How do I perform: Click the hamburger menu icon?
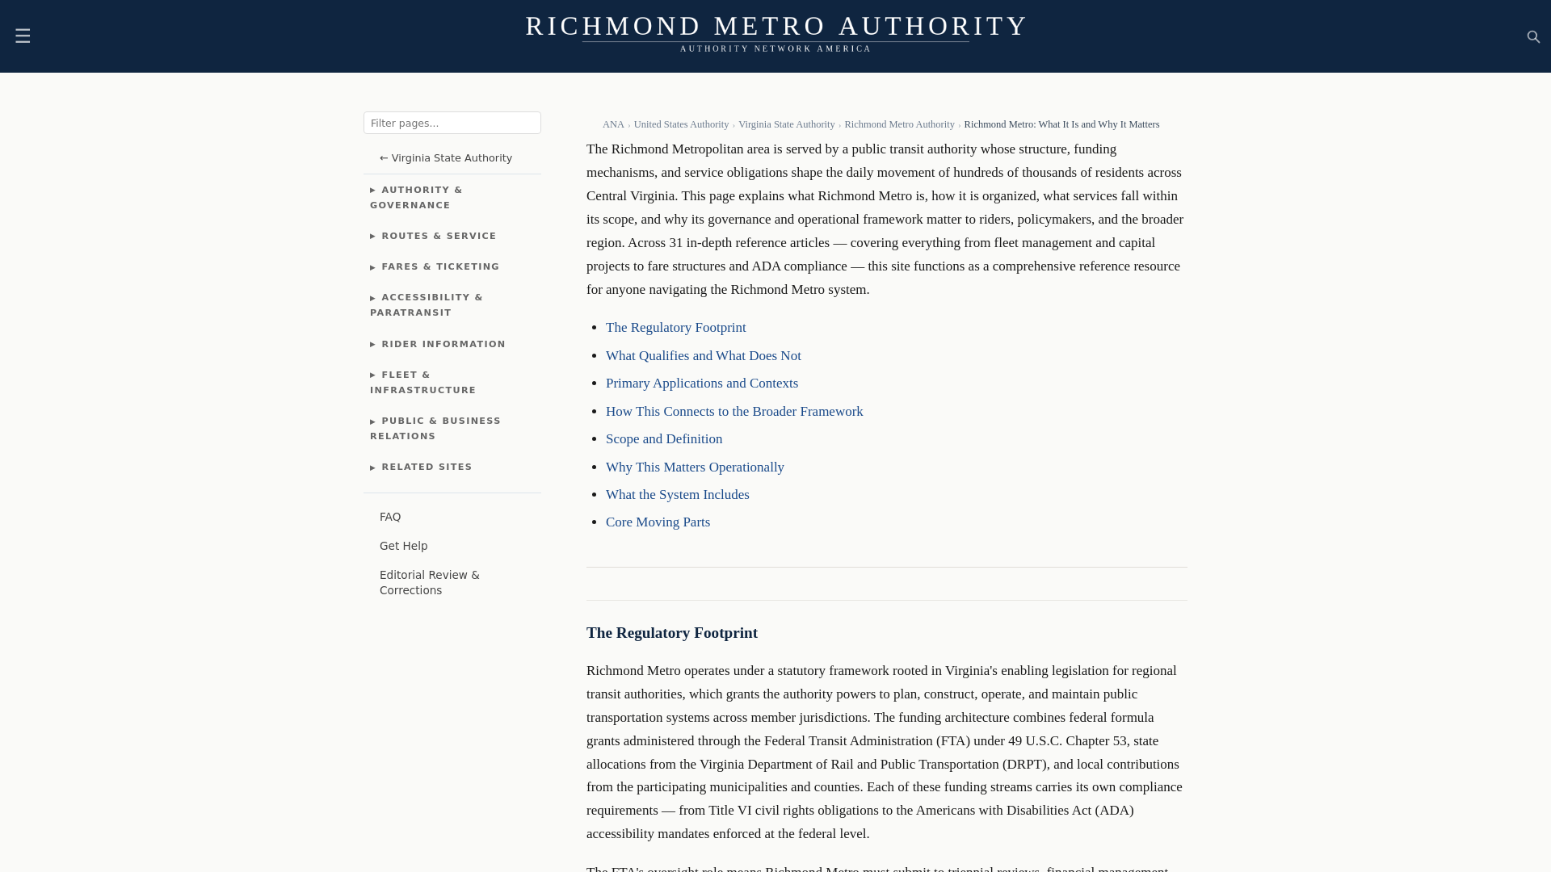(23, 36)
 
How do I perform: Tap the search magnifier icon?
(1533, 37)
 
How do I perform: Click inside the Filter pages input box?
(452, 123)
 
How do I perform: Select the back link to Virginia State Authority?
(446, 158)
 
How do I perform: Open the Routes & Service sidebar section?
(438, 236)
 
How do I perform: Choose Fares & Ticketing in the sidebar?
(439, 266)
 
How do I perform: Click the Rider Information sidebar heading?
(443, 344)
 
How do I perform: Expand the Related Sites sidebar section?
(426, 467)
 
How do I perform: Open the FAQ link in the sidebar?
(390, 517)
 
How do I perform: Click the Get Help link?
(403, 546)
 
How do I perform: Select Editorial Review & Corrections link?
(429, 582)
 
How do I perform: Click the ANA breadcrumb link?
(613, 124)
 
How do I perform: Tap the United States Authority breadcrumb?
(681, 124)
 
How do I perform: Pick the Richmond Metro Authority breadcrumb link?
(899, 124)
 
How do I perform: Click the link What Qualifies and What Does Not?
(703, 355)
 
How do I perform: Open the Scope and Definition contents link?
(663, 438)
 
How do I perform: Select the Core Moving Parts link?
(658, 522)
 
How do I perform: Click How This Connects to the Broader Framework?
(733, 411)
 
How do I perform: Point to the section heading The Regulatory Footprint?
(671, 633)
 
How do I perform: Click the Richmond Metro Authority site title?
(775, 26)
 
